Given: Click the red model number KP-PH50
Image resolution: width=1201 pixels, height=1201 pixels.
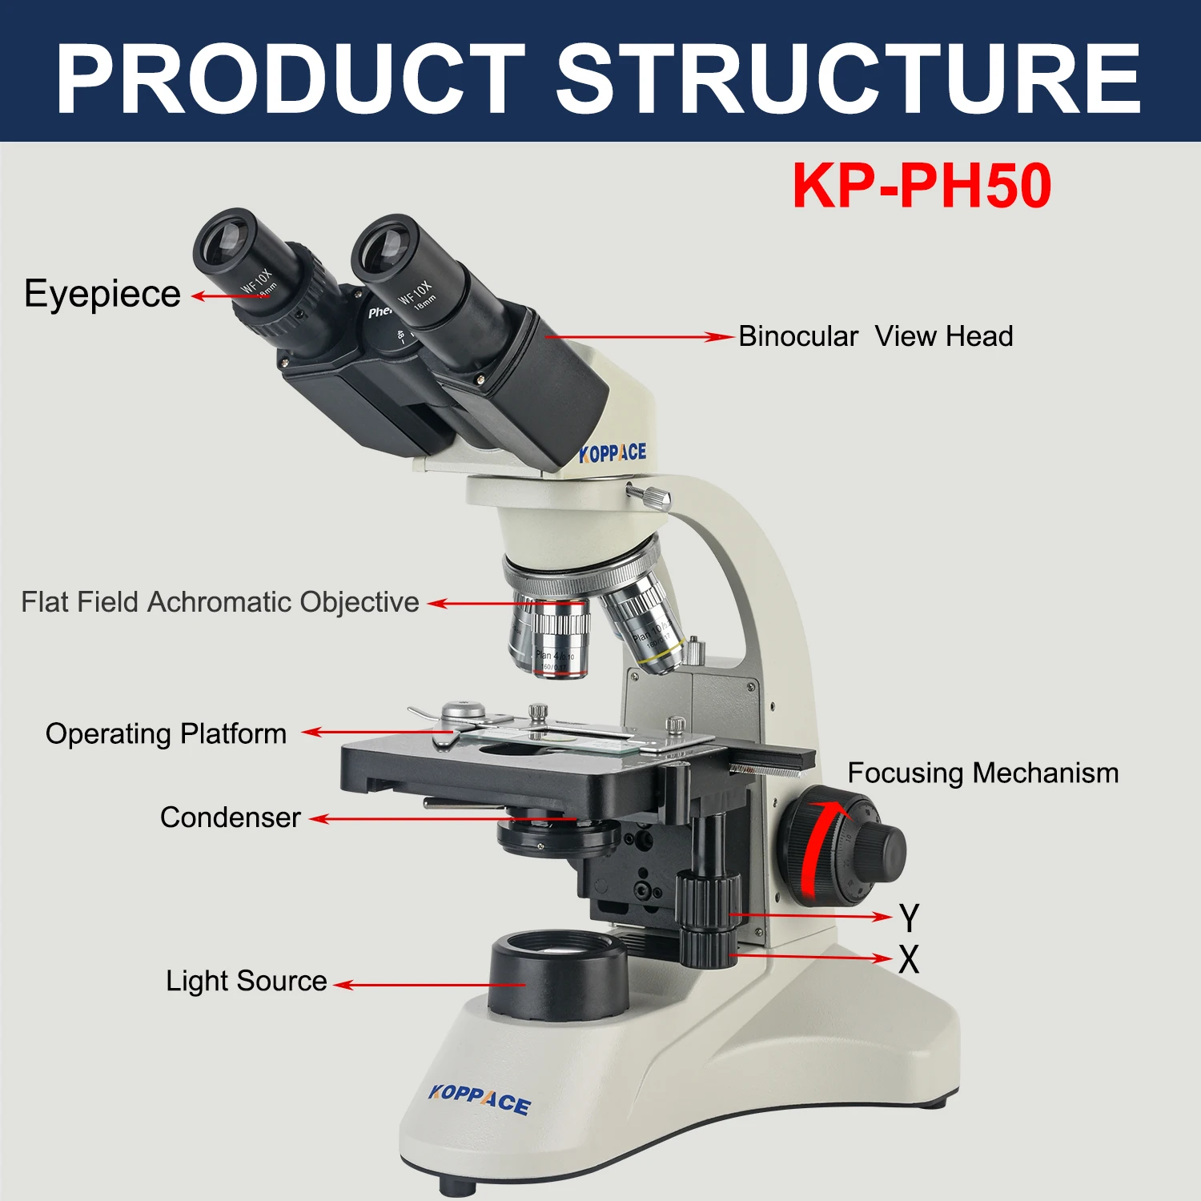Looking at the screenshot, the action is point(922,186).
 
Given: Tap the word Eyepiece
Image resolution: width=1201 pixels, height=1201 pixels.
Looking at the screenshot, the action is point(102,294).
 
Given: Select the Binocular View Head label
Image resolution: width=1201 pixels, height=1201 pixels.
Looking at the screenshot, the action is point(875,336).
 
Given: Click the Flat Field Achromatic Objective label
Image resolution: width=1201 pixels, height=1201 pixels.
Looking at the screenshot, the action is point(220,602).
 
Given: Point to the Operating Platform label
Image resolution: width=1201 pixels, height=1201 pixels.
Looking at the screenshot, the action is point(166,733).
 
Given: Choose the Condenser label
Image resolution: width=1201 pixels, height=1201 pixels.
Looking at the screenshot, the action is point(230,817).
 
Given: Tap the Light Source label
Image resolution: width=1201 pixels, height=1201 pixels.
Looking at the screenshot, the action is point(246,981).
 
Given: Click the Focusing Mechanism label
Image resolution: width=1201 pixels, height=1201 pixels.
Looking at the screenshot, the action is point(982,773).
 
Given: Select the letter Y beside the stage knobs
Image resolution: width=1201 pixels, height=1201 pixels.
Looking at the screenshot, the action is point(909,918).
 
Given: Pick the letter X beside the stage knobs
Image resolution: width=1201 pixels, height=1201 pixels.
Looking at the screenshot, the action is point(909,959).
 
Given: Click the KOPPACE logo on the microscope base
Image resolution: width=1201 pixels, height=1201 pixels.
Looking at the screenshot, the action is point(479,1099).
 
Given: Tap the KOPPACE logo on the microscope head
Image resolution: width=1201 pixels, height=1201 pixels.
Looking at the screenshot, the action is point(613,453).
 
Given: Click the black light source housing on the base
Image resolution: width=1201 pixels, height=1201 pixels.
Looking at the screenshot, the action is point(558,981).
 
